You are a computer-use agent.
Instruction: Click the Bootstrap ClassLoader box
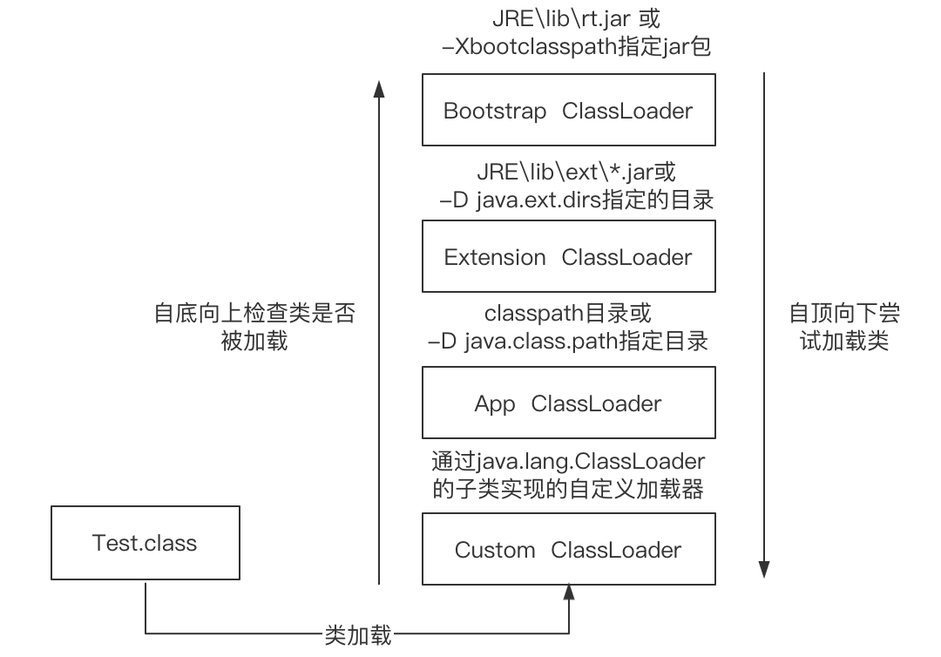(x=568, y=110)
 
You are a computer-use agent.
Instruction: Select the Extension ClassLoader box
(x=568, y=256)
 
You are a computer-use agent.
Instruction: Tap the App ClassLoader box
(x=568, y=403)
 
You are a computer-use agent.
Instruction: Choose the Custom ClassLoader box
(x=568, y=549)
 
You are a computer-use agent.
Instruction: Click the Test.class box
(x=145, y=543)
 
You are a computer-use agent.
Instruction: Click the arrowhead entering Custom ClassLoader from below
(x=569, y=593)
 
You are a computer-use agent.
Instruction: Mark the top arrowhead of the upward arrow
(x=379, y=87)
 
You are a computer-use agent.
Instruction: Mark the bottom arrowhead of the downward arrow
(x=764, y=569)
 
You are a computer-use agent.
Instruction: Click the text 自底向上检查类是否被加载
(x=254, y=327)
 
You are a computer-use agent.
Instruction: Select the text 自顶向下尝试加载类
(x=843, y=327)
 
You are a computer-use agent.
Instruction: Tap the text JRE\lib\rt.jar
(x=567, y=18)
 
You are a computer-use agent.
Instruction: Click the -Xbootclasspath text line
(x=577, y=46)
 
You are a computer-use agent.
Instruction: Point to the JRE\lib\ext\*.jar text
(x=576, y=172)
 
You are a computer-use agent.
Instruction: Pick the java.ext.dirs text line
(x=577, y=200)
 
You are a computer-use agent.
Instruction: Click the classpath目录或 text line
(x=567, y=312)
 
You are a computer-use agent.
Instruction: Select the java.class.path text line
(x=567, y=341)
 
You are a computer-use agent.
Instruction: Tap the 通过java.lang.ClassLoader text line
(x=568, y=459)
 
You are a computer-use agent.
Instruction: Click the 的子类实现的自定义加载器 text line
(x=568, y=488)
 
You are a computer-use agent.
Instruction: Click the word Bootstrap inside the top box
(x=495, y=111)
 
